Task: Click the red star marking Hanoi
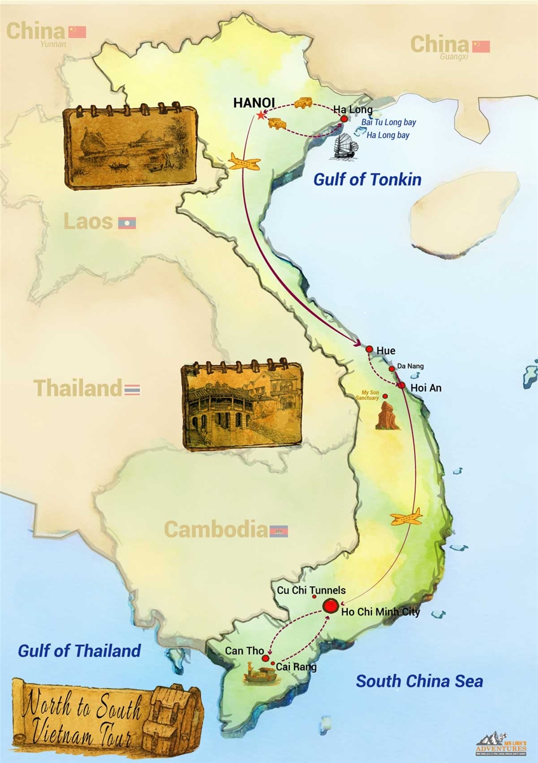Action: point(261,115)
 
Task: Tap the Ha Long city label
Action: point(353,110)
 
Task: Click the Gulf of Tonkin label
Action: point(367,180)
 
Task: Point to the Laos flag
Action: point(127,223)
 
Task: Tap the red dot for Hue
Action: point(369,348)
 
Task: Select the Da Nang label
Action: point(411,366)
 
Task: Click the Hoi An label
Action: point(426,387)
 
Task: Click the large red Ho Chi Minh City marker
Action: point(331,606)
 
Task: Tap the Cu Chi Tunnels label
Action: point(312,591)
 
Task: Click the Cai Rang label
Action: point(296,668)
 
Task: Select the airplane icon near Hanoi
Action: point(245,162)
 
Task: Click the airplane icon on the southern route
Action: point(406,516)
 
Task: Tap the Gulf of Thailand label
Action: point(79,651)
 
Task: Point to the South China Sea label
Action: point(419,682)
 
